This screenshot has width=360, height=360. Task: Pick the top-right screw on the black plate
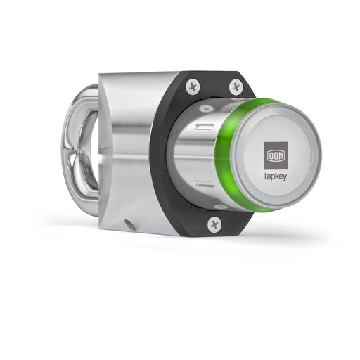236,86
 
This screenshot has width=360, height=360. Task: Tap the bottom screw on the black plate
214,224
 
